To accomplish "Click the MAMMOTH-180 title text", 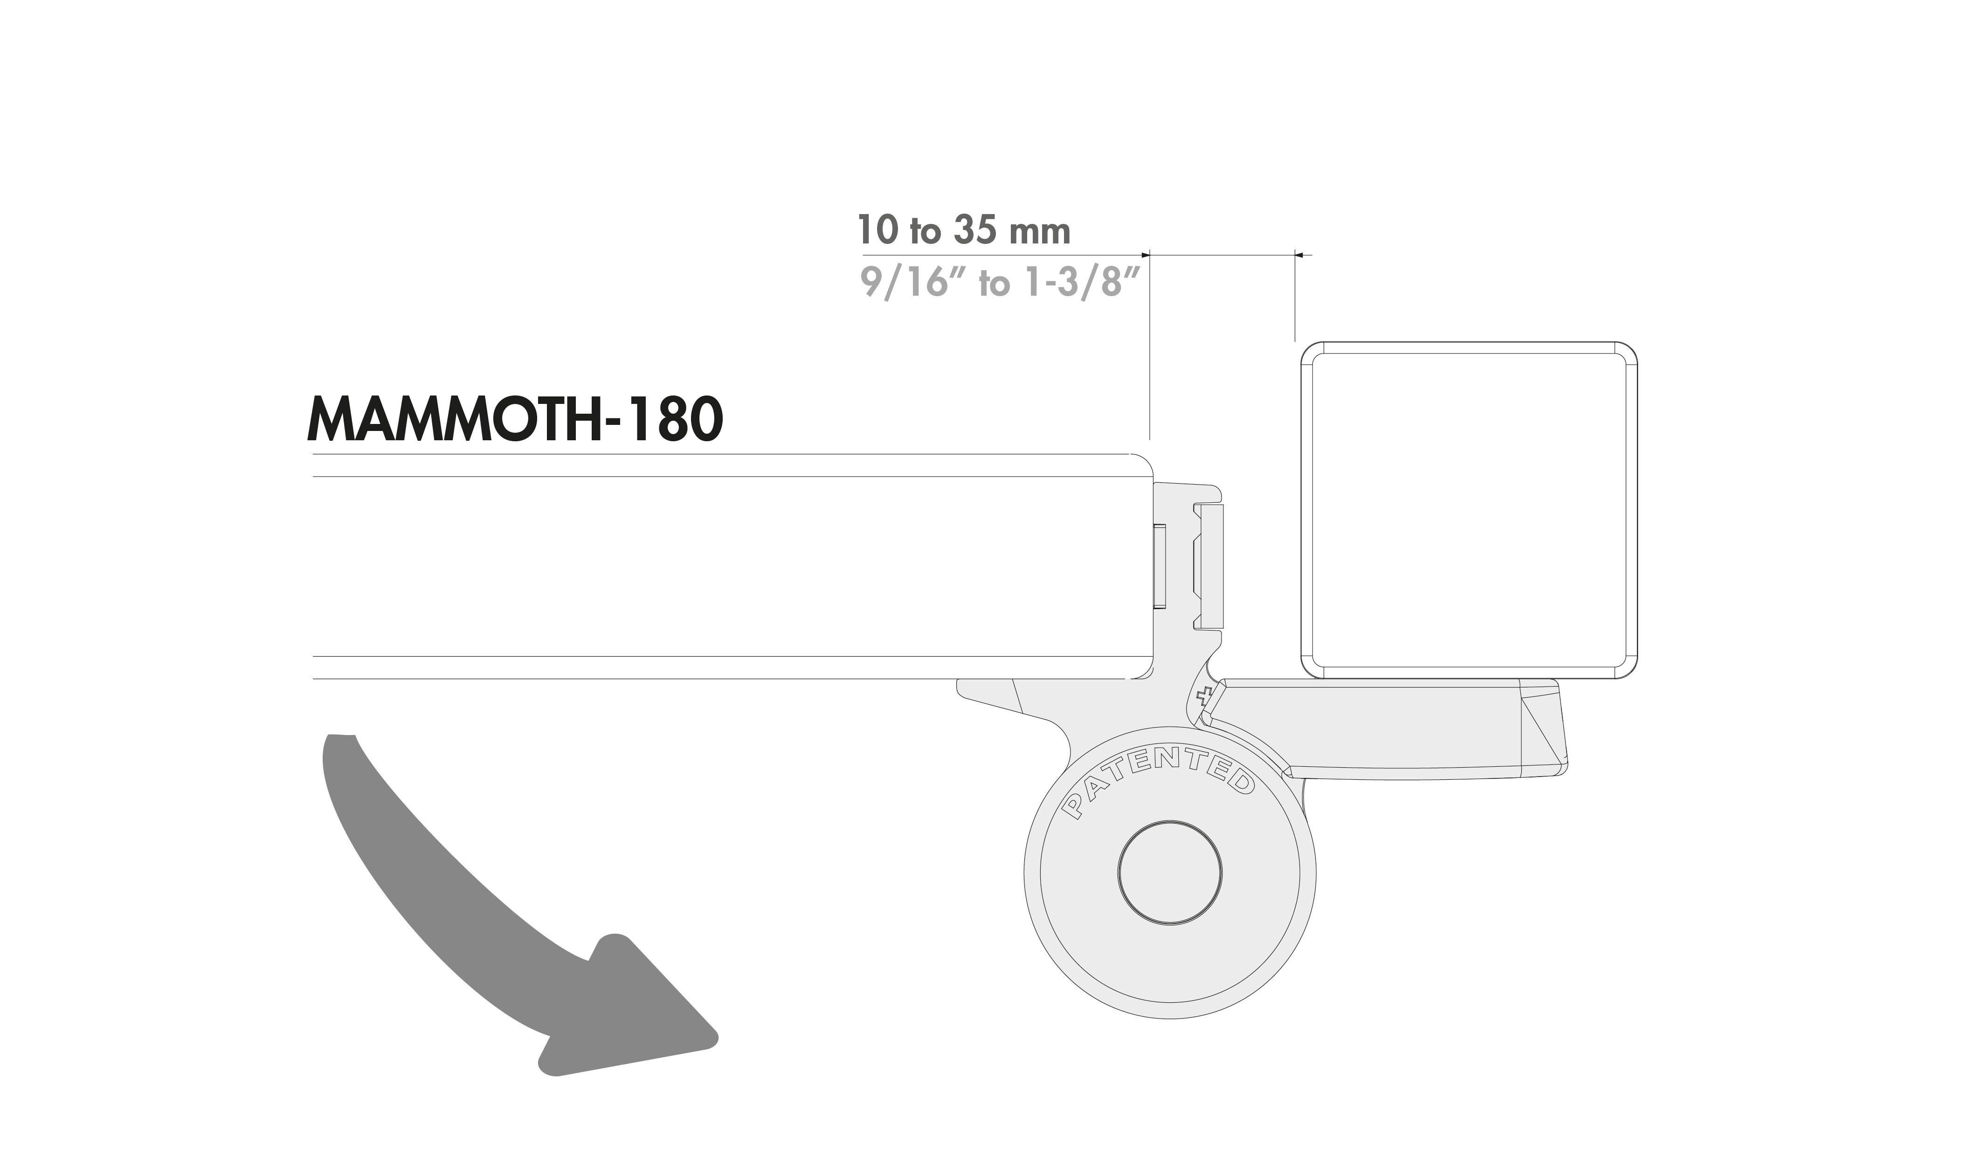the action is pyautogui.click(x=514, y=420).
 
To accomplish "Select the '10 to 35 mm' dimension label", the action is pyautogui.click(x=964, y=230).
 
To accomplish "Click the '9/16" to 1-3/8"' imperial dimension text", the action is pyautogui.click(x=1001, y=281).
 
